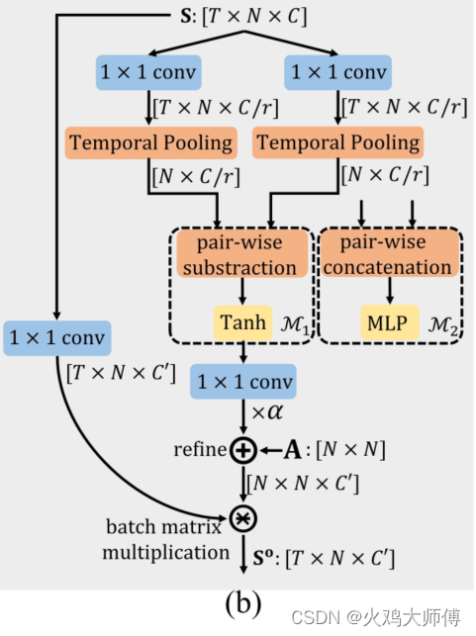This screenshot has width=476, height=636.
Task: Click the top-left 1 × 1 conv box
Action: point(149,71)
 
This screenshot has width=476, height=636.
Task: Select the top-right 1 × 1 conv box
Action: point(336,71)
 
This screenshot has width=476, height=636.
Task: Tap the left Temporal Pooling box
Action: point(150,142)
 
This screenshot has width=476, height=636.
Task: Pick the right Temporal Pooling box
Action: point(337,142)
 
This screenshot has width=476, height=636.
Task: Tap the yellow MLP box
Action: point(386,321)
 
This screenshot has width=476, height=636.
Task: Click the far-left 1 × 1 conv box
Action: point(56,338)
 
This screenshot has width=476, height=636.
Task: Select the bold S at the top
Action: point(184,17)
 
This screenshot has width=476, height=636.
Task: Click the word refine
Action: point(201,451)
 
